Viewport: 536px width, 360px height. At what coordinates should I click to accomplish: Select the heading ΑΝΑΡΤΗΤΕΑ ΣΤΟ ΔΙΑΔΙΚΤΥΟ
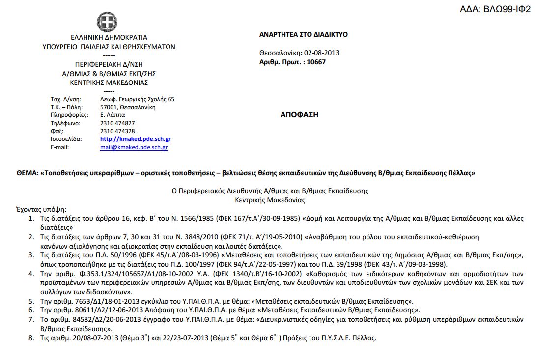coord(303,34)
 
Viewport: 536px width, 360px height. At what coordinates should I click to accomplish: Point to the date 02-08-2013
coord(322,53)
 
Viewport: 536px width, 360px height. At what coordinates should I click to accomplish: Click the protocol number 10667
coord(316,62)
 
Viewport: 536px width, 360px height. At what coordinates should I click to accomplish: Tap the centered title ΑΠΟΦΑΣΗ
coord(299,115)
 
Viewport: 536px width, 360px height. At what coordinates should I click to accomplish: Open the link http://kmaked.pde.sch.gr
coord(135,139)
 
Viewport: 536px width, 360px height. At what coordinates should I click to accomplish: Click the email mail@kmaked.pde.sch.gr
coord(134,147)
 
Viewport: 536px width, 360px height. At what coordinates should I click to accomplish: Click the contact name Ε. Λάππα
coord(113,115)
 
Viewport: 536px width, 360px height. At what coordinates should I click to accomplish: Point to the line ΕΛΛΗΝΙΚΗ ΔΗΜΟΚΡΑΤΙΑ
coord(109,38)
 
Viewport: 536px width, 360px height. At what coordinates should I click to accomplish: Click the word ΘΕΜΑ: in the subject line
coord(28,173)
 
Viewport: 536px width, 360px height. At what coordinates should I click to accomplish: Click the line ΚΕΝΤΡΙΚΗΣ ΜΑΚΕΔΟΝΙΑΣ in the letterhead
coord(109,83)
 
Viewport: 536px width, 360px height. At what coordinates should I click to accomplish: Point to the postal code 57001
coord(108,107)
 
